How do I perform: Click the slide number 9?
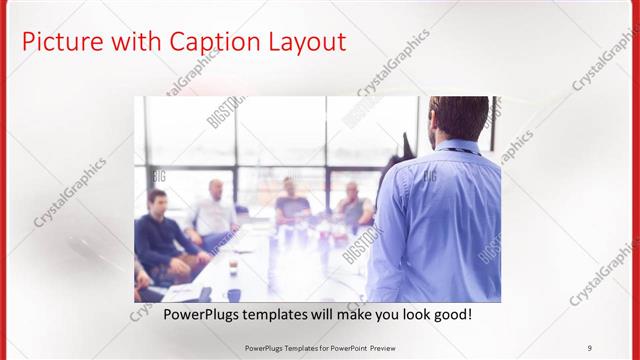coord(589,347)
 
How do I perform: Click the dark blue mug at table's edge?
coord(234,294)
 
